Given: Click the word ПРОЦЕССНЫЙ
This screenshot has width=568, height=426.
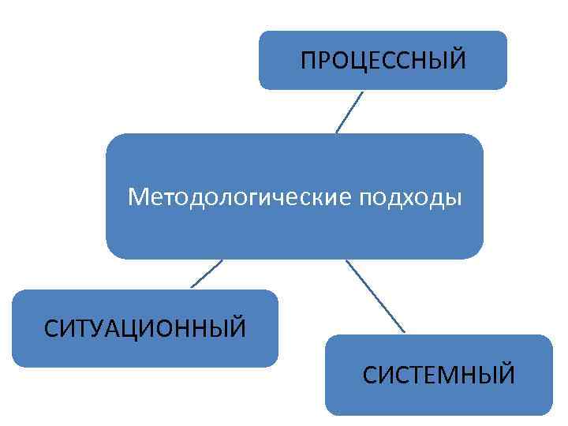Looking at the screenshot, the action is (383, 60).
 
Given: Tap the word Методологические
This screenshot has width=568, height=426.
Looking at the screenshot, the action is (240, 196).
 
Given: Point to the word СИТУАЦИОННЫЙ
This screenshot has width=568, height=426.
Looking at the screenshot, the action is (145, 327).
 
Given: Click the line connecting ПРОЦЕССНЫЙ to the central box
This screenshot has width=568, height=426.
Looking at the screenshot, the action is (349, 111).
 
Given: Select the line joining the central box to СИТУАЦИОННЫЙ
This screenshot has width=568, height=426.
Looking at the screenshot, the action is (207, 274).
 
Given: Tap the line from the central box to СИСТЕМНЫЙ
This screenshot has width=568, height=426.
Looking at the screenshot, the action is (376, 296).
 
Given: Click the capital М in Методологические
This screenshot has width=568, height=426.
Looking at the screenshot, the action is (139, 195).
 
